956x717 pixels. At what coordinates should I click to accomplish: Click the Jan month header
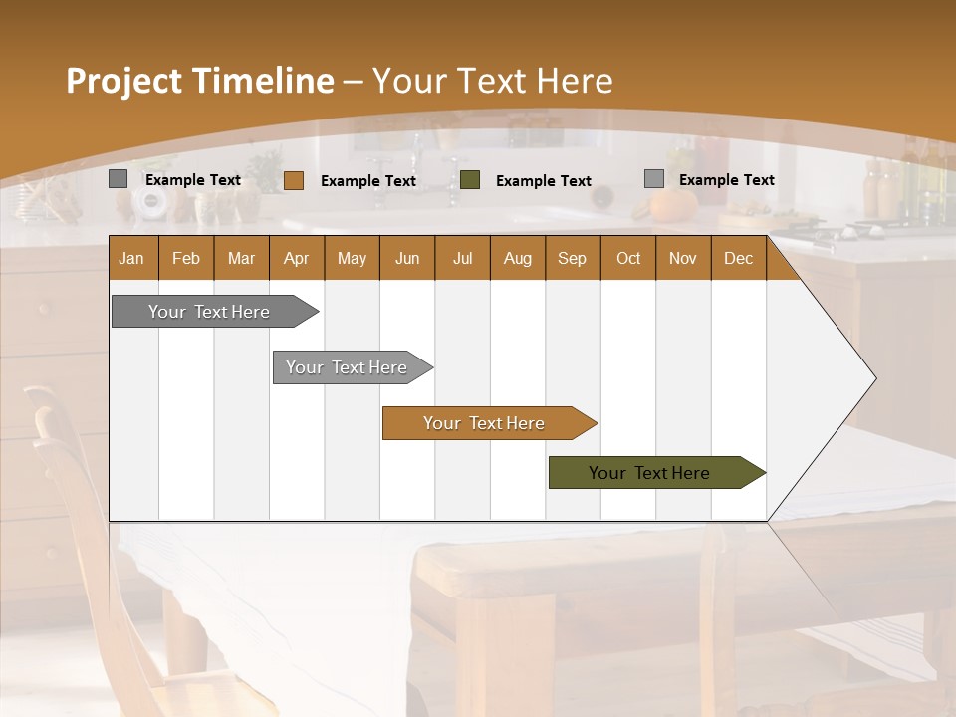tap(132, 258)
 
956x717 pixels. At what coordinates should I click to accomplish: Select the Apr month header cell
tap(297, 258)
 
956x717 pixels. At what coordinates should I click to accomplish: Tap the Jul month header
tap(462, 258)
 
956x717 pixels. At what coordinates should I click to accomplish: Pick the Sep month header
tap(573, 258)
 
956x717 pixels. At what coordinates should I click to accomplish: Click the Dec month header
tap(738, 258)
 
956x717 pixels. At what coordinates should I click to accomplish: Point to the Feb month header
tap(186, 258)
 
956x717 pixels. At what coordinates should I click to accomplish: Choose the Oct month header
tap(628, 258)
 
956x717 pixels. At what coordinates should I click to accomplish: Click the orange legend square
tap(293, 180)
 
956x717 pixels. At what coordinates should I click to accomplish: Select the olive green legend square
tap(470, 180)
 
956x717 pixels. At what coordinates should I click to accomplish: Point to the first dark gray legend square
tap(118, 179)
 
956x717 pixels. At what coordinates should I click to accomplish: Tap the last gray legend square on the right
tap(653, 179)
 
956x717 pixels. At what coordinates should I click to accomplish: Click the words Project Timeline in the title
tap(199, 81)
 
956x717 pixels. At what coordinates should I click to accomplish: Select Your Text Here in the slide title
tap(492, 81)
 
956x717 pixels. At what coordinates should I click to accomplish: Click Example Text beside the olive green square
tap(543, 181)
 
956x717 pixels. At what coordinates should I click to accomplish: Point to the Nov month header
tap(683, 258)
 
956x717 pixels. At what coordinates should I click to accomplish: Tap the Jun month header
tap(407, 258)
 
